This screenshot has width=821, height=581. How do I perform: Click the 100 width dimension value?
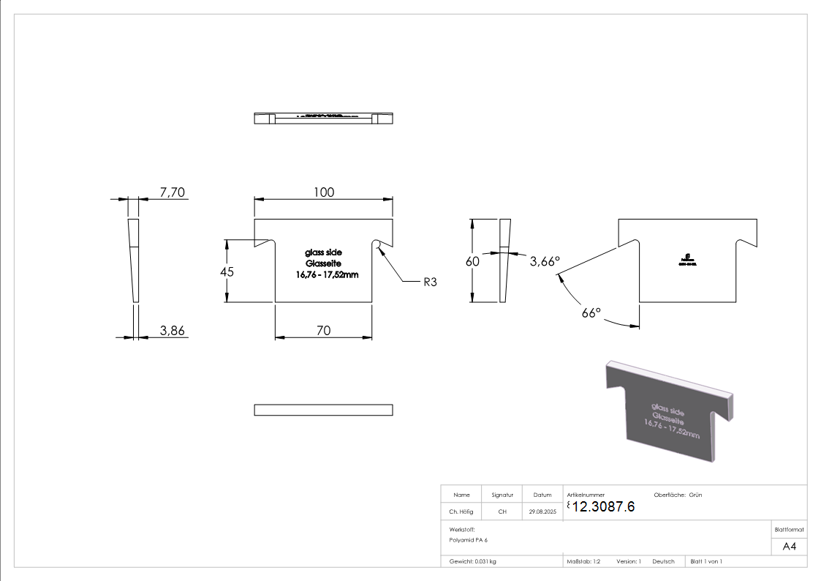click(x=324, y=192)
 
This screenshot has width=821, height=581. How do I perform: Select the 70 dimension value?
click(x=324, y=330)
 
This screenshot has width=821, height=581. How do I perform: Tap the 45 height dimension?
click(x=227, y=271)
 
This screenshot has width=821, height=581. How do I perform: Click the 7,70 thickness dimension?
click(x=173, y=192)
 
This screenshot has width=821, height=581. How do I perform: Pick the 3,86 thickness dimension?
click(x=173, y=331)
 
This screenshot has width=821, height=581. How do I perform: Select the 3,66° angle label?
click(x=545, y=260)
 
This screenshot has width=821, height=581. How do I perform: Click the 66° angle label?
click(x=591, y=312)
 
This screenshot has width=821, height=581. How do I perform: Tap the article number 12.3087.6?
click(x=603, y=506)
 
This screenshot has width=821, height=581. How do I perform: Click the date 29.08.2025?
click(x=542, y=512)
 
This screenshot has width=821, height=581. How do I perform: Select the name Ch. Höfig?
click(x=461, y=512)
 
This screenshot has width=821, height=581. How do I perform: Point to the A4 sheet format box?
click(x=790, y=547)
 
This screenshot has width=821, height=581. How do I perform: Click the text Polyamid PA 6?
click(x=469, y=540)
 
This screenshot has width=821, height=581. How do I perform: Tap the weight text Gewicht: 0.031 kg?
click(x=473, y=561)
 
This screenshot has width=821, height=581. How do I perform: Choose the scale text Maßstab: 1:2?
click(x=583, y=561)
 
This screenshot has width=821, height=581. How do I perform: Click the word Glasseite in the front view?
click(x=323, y=263)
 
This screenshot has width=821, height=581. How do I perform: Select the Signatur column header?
click(x=502, y=495)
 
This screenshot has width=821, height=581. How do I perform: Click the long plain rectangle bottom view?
click(x=323, y=410)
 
